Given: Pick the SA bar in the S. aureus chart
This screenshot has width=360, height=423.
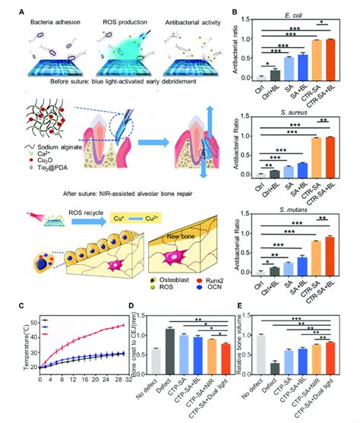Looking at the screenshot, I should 285,171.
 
